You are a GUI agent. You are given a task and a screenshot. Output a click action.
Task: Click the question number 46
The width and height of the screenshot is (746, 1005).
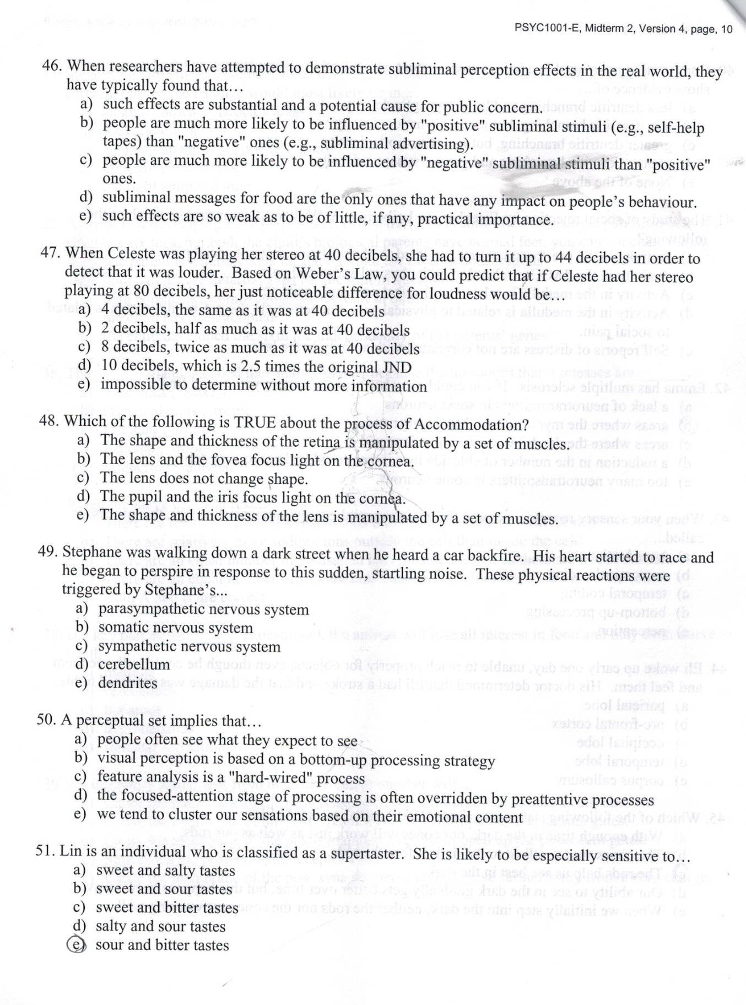51,66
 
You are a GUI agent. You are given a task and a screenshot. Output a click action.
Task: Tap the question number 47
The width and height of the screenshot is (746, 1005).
51,253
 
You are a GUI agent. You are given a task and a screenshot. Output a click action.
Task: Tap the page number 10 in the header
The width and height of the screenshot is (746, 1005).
726,29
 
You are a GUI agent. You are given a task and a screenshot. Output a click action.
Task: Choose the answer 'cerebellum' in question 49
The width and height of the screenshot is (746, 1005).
134,664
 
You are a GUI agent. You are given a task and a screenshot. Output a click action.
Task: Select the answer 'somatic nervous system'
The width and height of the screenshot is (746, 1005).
175,628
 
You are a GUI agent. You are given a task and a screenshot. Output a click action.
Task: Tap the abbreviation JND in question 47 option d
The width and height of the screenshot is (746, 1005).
395,368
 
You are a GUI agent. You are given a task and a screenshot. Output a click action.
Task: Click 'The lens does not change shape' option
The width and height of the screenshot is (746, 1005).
204,478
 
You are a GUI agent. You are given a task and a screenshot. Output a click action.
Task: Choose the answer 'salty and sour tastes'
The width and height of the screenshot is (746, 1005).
160,926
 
